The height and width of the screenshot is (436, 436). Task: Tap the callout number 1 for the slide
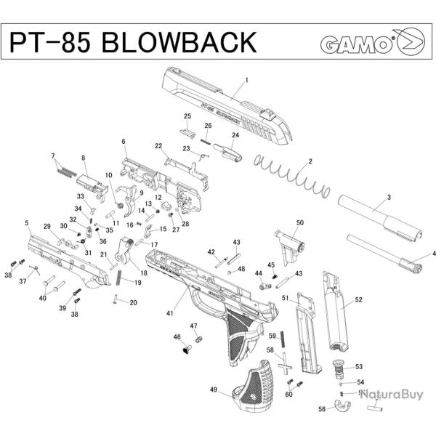click(247, 80)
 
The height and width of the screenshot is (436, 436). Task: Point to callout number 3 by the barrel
click(389, 198)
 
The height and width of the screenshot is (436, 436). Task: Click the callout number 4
click(434, 254)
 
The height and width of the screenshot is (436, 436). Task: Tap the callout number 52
click(358, 300)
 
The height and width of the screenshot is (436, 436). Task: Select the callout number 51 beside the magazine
click(286, 298)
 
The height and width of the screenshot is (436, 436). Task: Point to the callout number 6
click(124, 142)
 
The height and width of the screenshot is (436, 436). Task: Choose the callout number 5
click(27, 223)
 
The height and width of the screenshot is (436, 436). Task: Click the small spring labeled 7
click(65, 171)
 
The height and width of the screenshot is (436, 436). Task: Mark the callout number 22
click(158, 146)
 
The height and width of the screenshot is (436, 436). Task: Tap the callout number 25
click(187, 116)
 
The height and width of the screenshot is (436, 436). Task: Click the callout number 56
click(322, 410)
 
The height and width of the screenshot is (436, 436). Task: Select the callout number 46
click(177, 337)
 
